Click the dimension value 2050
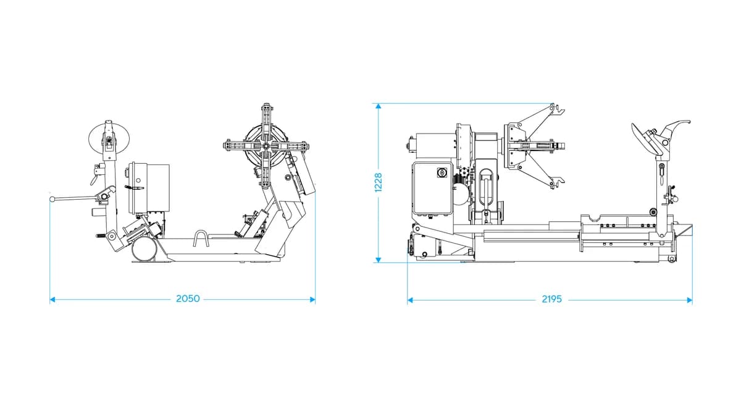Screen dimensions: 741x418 point(188,299)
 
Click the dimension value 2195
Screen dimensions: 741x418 point(552,299)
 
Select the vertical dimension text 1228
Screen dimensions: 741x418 point(378,182)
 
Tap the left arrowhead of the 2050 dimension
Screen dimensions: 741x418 point(52,300)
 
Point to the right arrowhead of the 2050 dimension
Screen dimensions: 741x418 point(312,300)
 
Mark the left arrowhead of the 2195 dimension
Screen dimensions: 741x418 point(410,301)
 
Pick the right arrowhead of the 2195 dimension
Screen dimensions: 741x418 point(689,301)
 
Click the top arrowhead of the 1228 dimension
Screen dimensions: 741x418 point(379,106)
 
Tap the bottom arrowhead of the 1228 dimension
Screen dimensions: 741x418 point(379,260)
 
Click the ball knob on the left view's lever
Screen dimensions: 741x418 point(52,199)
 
